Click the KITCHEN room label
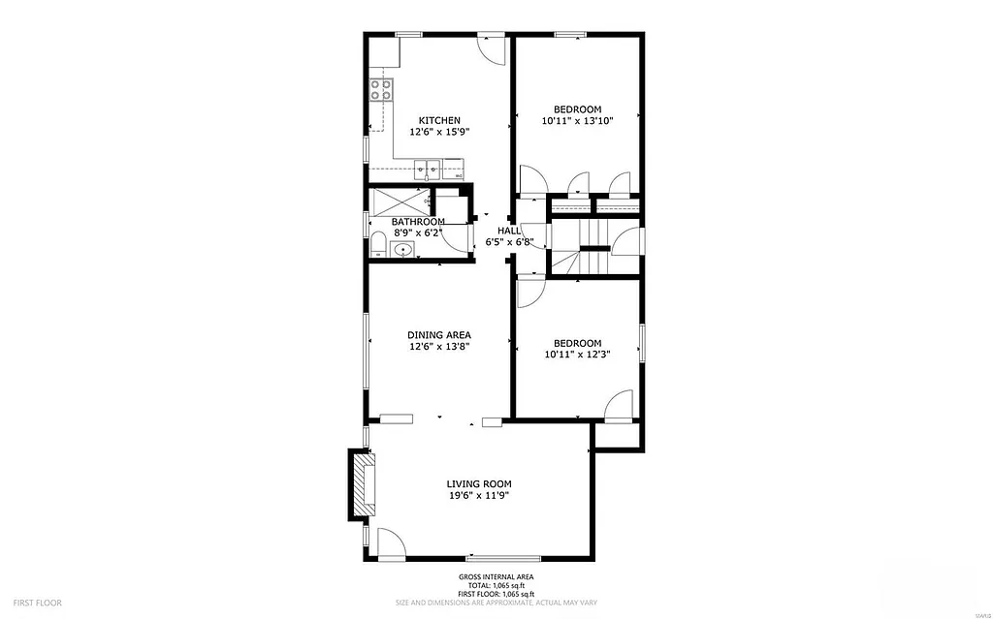tap(432, 120)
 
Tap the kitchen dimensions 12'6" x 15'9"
tap(439, 132)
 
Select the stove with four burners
tap(381, 91)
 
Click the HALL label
tap(509, 231)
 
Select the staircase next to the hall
tap(580, 247)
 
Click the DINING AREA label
tap(439, 335)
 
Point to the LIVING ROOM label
tap(478, 483)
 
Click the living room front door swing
tap(391, 543)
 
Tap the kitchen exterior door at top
tap(493, 48)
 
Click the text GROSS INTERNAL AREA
tap(496, 577)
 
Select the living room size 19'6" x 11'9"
tap(478, 495)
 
